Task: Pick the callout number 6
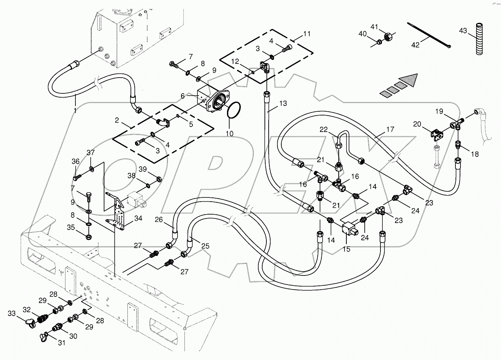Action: [183, 96]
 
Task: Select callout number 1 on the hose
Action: [75, 111]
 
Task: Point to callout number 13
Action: [283, 103]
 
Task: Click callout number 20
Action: [417, 124]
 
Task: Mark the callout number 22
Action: [324, 130]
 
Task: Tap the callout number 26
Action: [159, 220]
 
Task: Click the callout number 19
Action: [439, 111]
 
